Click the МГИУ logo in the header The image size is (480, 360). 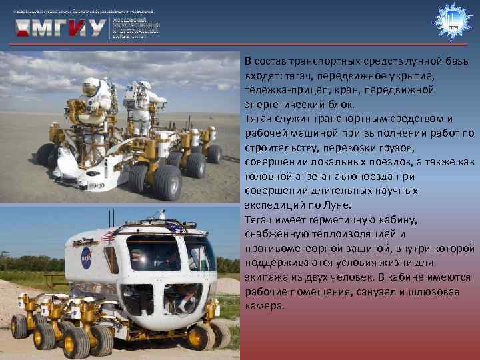60,27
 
